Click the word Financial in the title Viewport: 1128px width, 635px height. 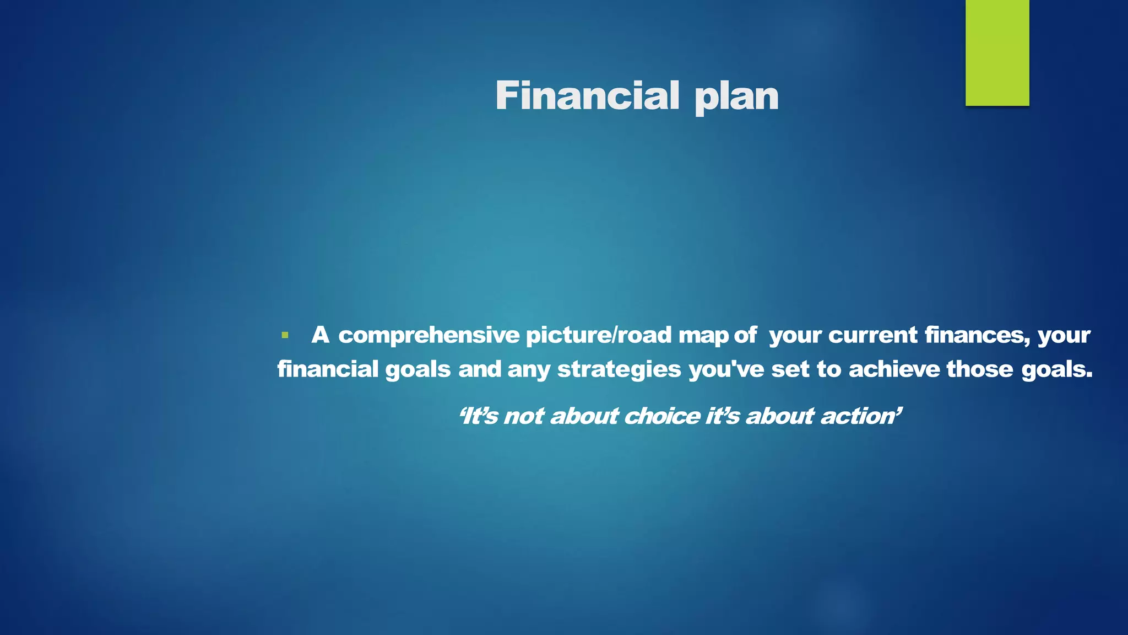(587, 96)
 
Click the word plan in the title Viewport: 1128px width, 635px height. (736, 97)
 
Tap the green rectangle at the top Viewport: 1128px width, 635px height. (997, 52)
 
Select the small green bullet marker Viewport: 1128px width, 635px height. (285, 335)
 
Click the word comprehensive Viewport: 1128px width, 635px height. (429, 336)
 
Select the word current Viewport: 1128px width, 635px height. (872, 335)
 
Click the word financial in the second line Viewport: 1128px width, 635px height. (328, 369)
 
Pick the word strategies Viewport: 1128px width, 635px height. (619, 370)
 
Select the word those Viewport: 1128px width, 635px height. (979, 369)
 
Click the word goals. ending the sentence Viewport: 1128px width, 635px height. (1057, 370)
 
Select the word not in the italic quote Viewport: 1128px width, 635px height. (524, 416)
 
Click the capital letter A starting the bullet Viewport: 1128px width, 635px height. (320, 335)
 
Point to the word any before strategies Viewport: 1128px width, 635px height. (528, 370)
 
